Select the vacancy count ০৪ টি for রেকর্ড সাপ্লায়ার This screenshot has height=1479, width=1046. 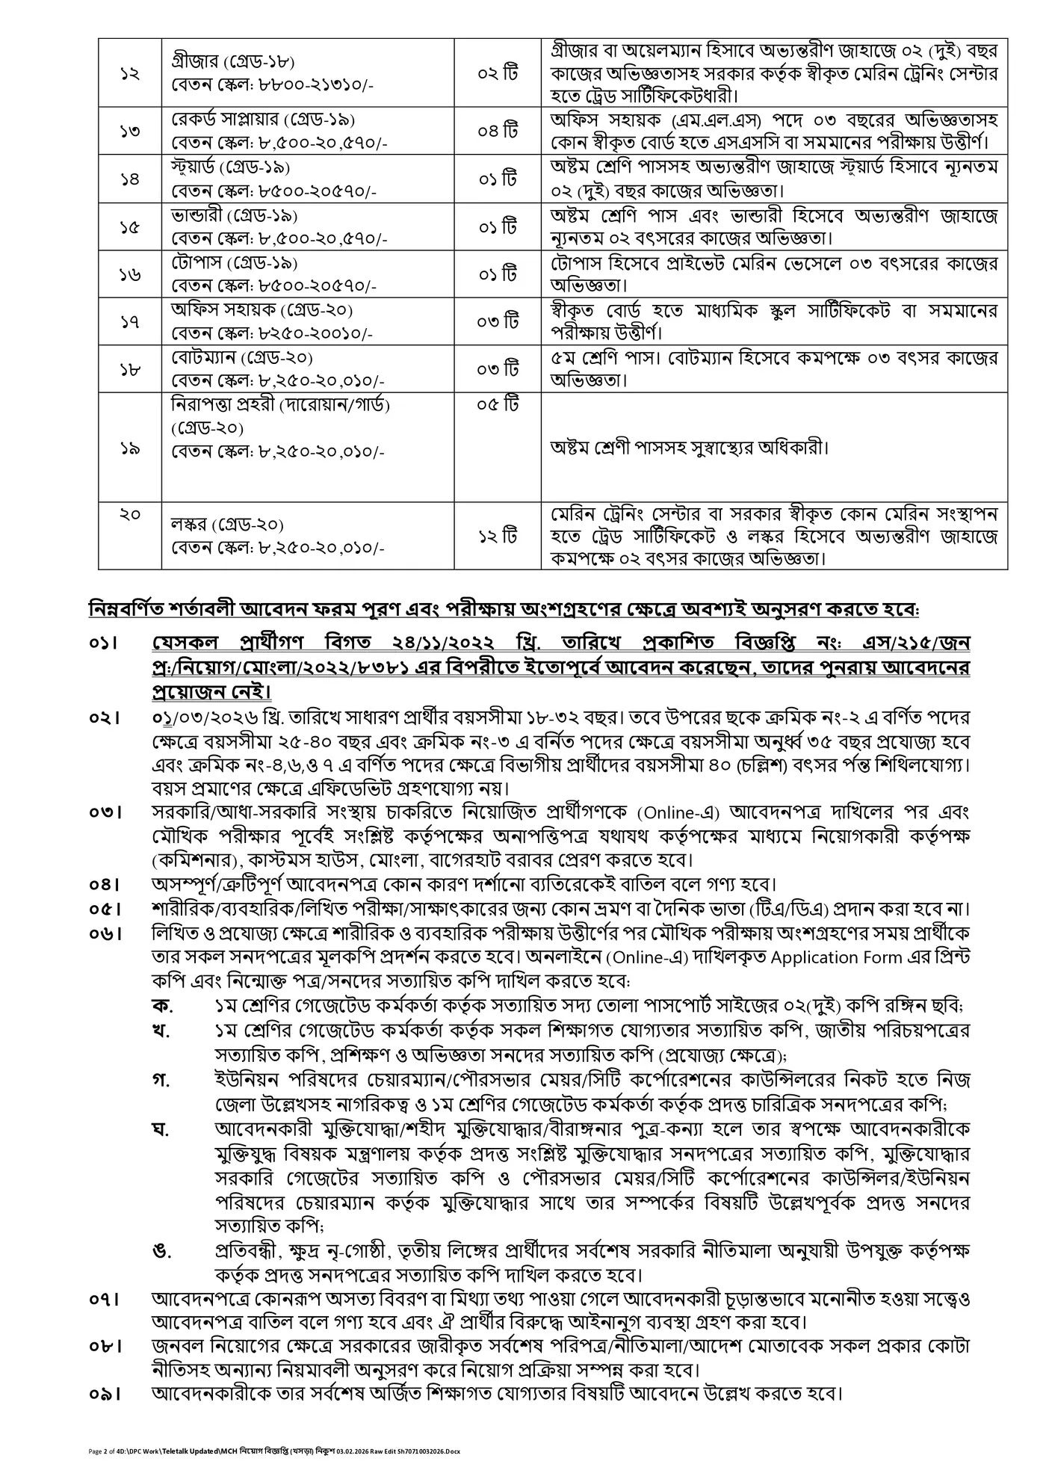(498, 131)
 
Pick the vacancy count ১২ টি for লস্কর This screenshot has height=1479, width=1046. (498, 536)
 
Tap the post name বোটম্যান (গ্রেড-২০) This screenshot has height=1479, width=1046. (242, 357)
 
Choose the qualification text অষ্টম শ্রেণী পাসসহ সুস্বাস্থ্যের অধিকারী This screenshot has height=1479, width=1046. (690, 448)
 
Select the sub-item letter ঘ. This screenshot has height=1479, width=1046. (160, 1128)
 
